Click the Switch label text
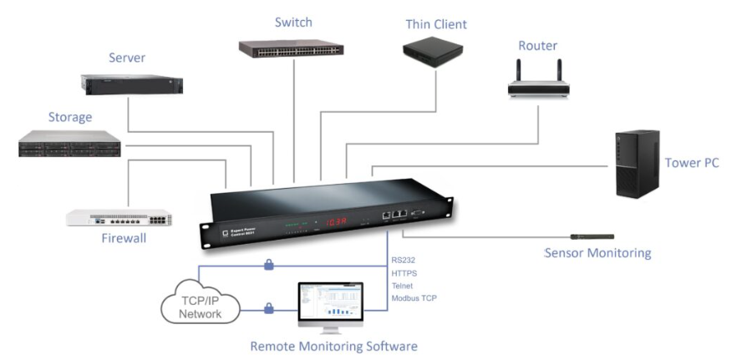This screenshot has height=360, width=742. click(x=292, y=22)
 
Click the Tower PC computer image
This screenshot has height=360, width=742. click(x=637, y=164)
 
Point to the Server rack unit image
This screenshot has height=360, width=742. click(x=132, y=84)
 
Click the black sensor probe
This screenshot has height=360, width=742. click(x=592, y=236)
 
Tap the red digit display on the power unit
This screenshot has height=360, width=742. click(x=336, y=221)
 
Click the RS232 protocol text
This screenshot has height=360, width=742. click(x=404, y=260)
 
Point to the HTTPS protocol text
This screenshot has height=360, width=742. click(x=405, y=272)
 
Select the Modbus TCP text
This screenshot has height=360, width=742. click(x=414, y=298)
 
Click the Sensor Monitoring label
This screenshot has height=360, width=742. click(x=597, y=252)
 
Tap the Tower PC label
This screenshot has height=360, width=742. click(x=691, y=163)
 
